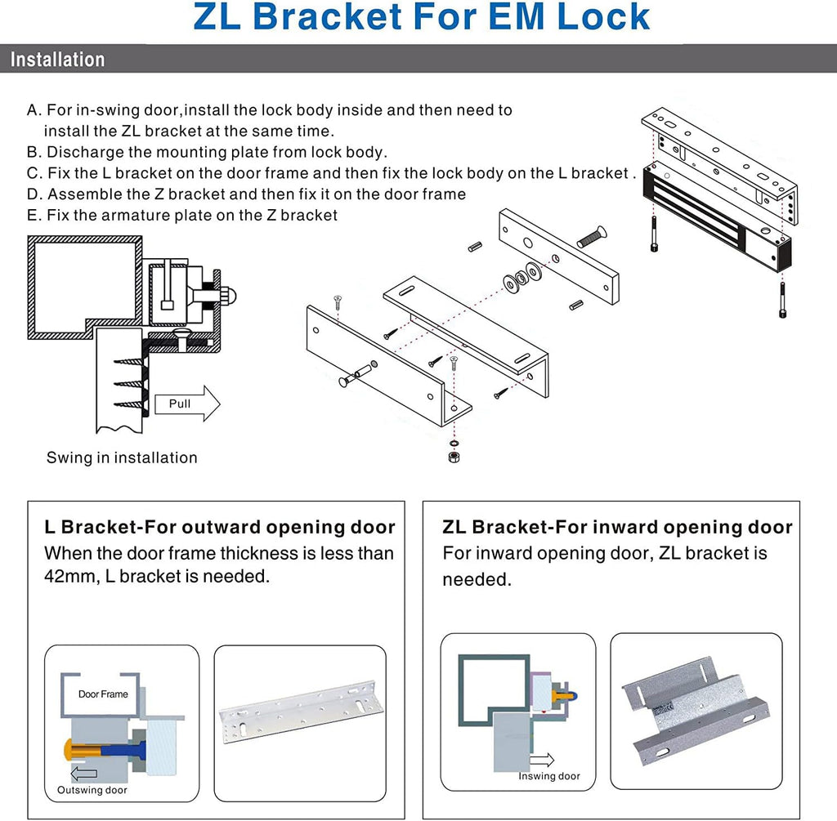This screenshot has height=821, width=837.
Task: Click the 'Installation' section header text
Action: tap(57, 60)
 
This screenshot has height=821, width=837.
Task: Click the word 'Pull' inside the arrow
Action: tap(179, 404)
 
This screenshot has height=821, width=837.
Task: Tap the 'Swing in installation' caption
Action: tap(122, 457)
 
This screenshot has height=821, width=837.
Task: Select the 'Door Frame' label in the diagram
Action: tap(103, 694)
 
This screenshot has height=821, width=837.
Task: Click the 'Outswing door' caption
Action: tap(92, 790)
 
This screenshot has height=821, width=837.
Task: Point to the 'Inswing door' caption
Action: tap(549, 775)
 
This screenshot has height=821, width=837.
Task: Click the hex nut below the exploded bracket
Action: tap(454, 456)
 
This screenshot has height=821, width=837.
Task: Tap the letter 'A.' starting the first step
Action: tap(34, 109)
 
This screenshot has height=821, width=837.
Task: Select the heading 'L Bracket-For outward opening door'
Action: tap(219, 527)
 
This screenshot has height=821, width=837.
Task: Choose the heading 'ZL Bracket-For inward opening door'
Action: tap(617, 527)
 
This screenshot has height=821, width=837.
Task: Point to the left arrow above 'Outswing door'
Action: tap(83, 774)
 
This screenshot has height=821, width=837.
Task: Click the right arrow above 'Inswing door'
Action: tap(541, 761)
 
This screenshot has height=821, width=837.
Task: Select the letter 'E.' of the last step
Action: tap(34, 215)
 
